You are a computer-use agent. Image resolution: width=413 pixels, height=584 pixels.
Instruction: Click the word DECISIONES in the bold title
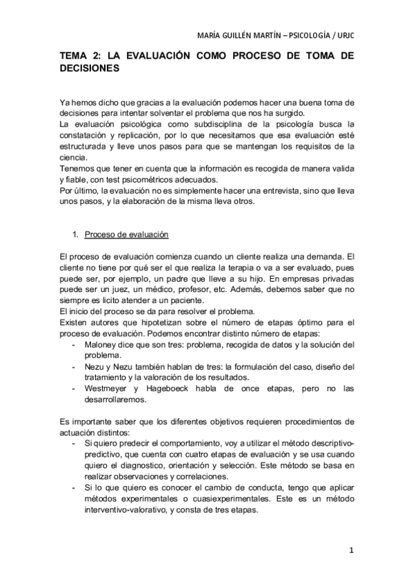point(90,70)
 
